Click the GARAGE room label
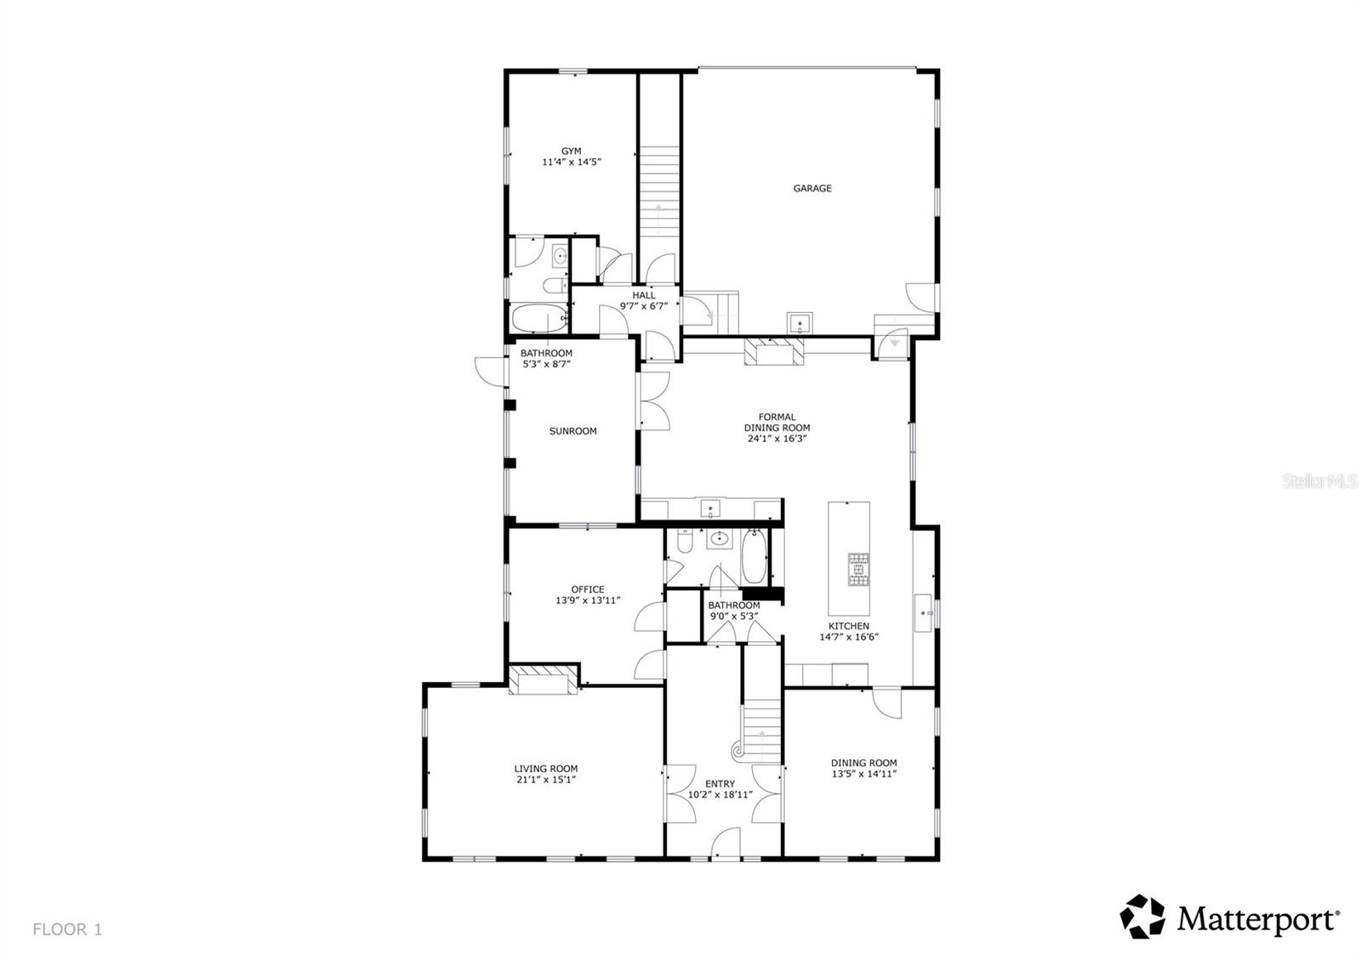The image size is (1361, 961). [812, 189]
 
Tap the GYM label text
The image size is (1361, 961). [572, 151]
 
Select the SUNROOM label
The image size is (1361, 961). [572, 431]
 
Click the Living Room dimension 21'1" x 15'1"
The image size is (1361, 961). [545, 780]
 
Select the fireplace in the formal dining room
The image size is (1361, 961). [773, 350]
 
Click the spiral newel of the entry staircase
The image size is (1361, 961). [737, 751]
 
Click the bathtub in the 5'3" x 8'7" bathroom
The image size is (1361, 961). [539, 318]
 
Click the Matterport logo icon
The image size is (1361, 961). [1142, 917]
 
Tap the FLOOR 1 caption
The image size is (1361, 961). [67, 930]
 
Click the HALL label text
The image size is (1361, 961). [644, 295]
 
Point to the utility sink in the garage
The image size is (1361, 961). [800, 323]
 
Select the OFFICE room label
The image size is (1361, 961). [588, 589]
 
